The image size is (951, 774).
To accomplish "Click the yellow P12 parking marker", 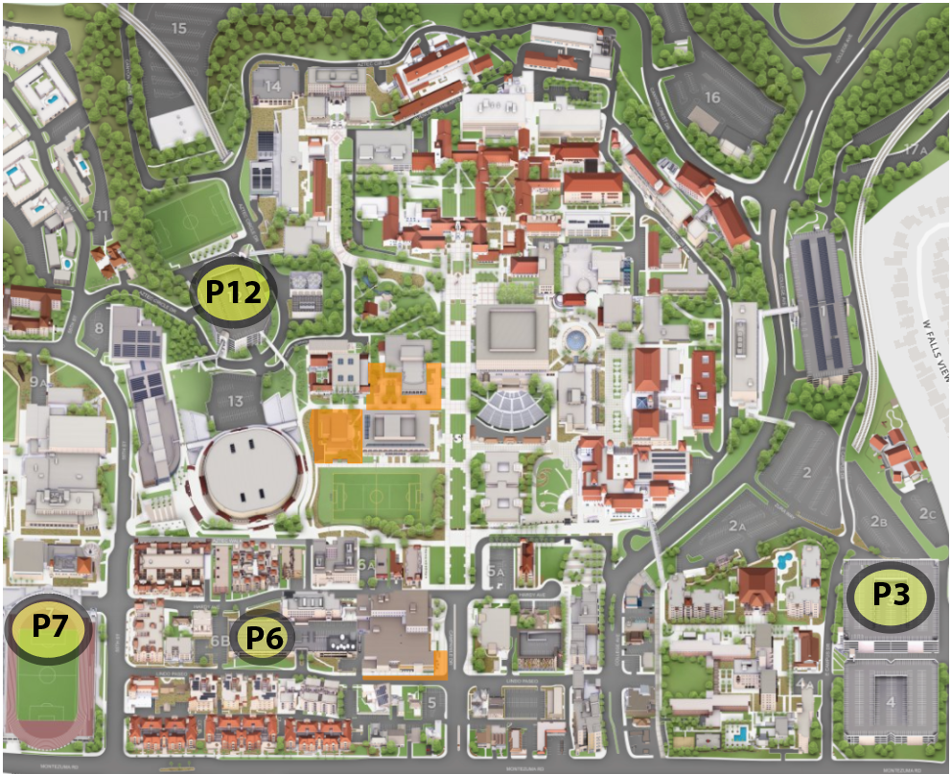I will tap(234, 292).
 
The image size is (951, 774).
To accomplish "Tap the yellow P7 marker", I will tap(48, 628).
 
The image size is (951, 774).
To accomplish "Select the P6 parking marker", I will tap(264, 636).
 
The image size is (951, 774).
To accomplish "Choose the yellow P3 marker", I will tap(891, 596).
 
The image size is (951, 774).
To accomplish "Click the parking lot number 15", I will tap(178, 28).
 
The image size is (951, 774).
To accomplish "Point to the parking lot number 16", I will tap(711, 97).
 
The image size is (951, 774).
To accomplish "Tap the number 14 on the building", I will tap(273, 86).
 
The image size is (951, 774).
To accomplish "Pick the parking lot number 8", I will tap(98, 329).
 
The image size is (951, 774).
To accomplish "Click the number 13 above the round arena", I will tap(235, 401).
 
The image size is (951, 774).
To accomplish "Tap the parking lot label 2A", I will tap(736, 526).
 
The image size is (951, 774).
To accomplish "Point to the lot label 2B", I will tap(878, 522).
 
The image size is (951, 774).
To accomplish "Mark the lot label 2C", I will tap(927, 514).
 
